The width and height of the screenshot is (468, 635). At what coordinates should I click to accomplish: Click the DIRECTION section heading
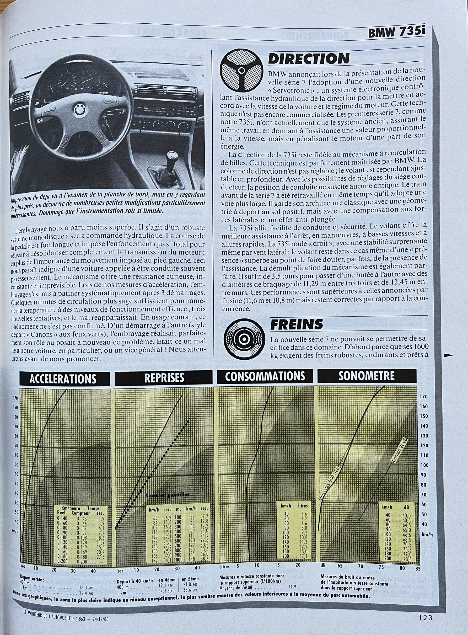pos(309,59)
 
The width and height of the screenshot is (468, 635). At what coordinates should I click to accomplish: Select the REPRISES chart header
pos(164,377)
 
